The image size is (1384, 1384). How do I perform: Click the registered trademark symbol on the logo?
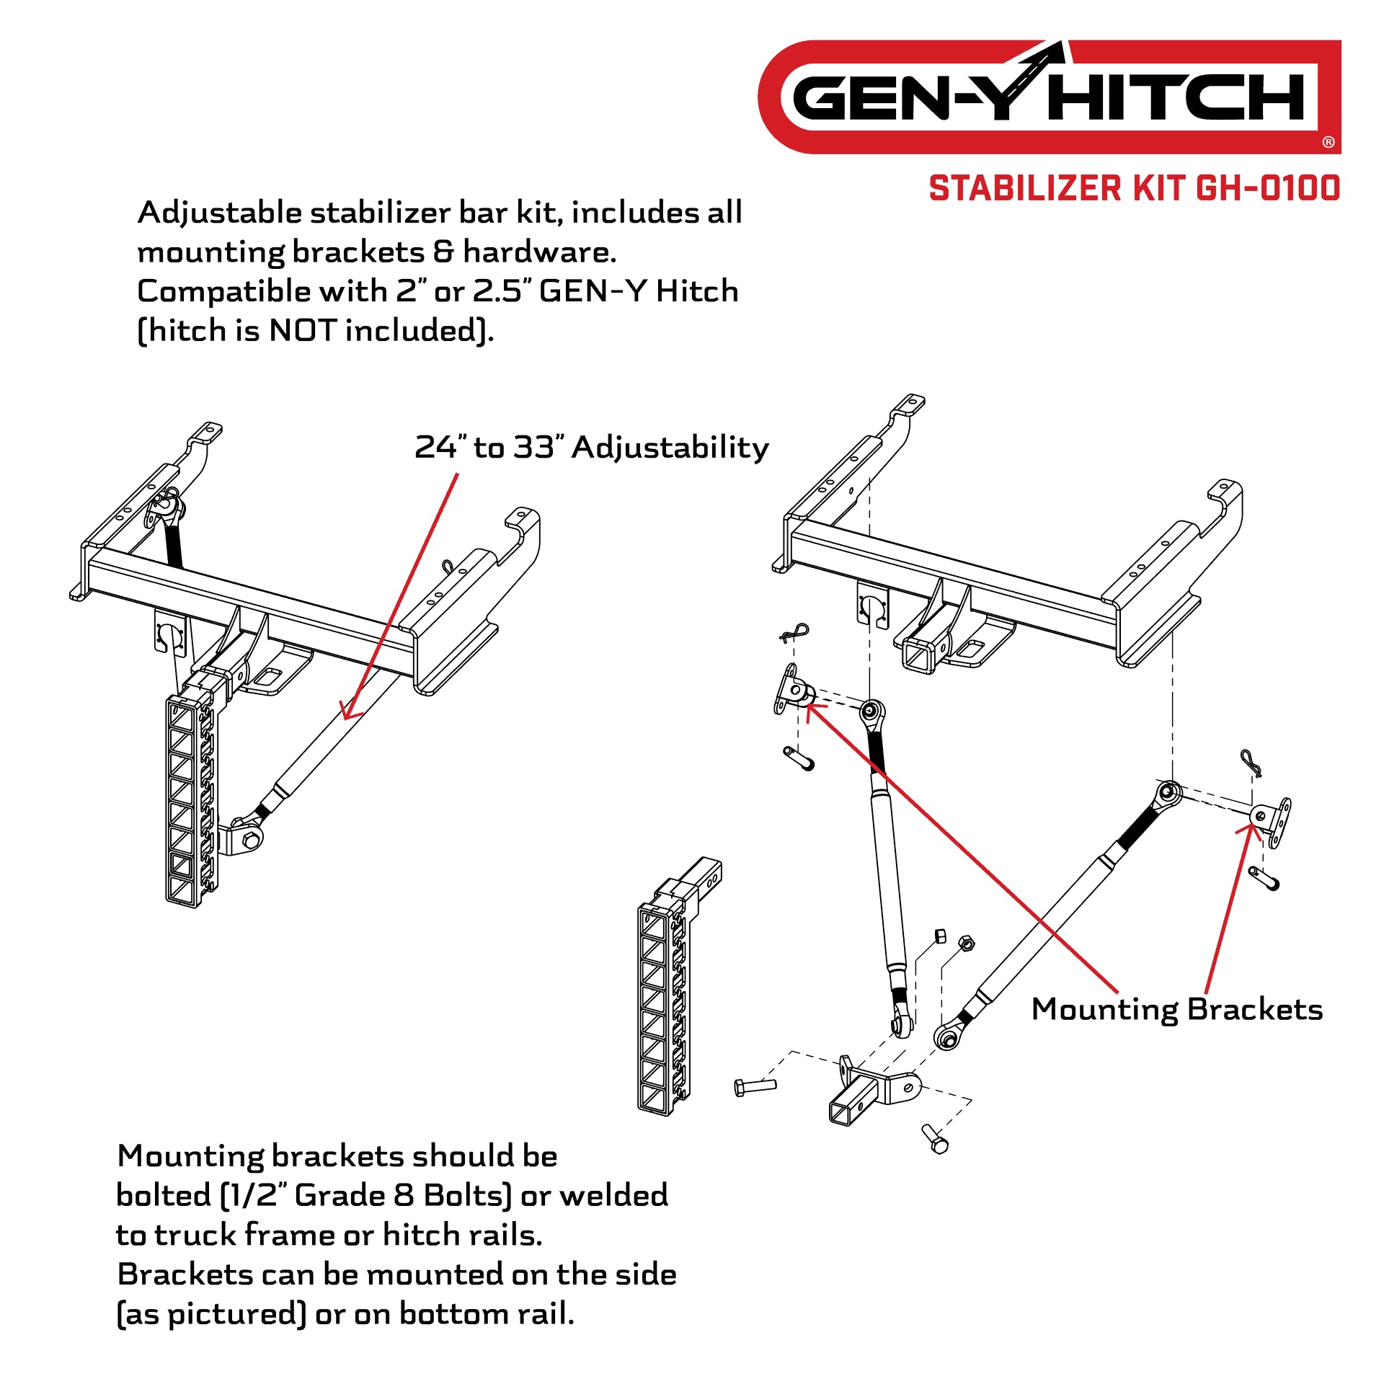coord(1328,142)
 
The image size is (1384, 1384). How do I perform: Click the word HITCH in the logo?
coord(1177,97)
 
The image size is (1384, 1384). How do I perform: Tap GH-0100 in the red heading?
coord(1268,189)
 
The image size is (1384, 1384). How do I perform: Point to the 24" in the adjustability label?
coord(440,447)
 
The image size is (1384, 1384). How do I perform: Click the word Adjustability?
coord(670,448)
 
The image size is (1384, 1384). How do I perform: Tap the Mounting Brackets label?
coord(1176,1009)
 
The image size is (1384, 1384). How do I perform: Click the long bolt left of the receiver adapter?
coord(755,1086)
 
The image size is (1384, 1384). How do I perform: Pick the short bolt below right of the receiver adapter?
coord(935,1139)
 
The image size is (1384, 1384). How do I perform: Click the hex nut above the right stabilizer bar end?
coord(967,943)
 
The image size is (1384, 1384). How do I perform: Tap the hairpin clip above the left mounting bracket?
coord(794,633)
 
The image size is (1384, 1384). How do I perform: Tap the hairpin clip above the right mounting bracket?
coord(1250,763)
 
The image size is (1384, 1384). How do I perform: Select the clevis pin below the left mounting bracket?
coord(799,758)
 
